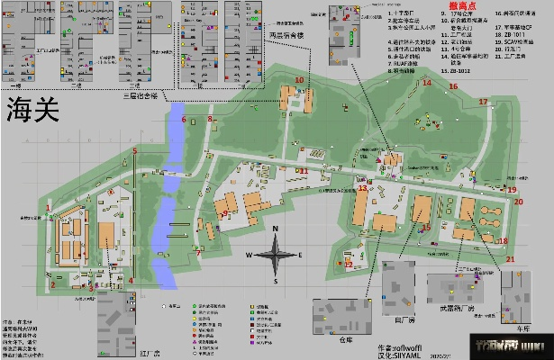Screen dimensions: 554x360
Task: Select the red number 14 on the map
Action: coord(427,83)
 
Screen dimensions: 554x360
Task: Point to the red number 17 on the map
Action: coord(483,102)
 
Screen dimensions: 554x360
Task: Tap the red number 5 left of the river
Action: coord(134,150)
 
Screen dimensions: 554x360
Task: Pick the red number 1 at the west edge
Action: coord(48,207)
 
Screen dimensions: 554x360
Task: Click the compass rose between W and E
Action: coord(276,256)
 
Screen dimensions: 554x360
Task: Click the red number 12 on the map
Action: coord(349,264)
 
